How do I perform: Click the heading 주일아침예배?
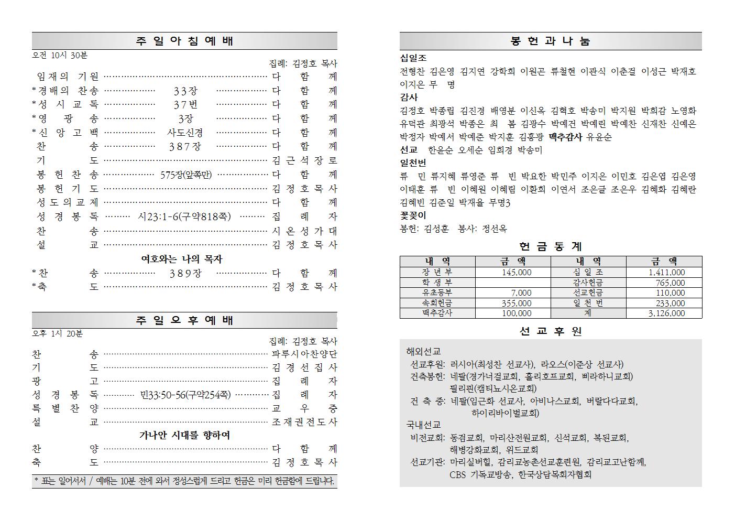[x=184, y=41]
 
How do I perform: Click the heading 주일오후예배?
[x=184, y=320]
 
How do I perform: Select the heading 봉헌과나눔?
[x=550, y=41]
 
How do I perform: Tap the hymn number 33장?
[x=185, y=91]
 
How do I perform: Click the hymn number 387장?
[x=185, y=147]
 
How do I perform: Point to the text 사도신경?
[x=185, y=133]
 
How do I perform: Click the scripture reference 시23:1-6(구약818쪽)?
[x=185, y=216]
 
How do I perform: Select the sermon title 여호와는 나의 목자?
[x=182, y=259]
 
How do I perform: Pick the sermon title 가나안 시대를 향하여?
[x=184, y=435]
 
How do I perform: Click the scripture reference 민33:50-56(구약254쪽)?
[x=185, y=395]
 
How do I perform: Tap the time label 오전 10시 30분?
[x=60, y=55]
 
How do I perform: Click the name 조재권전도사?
[x=304, y=422]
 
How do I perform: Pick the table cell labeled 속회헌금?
[x=437, y=303]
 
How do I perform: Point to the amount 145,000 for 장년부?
[x=516, y=273]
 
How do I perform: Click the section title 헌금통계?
[x=550, y=246]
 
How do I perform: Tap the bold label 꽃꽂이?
[x=413, y=215]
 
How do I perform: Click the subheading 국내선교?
[x=423, y=425]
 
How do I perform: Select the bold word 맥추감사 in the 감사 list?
[x=565, y=137]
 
